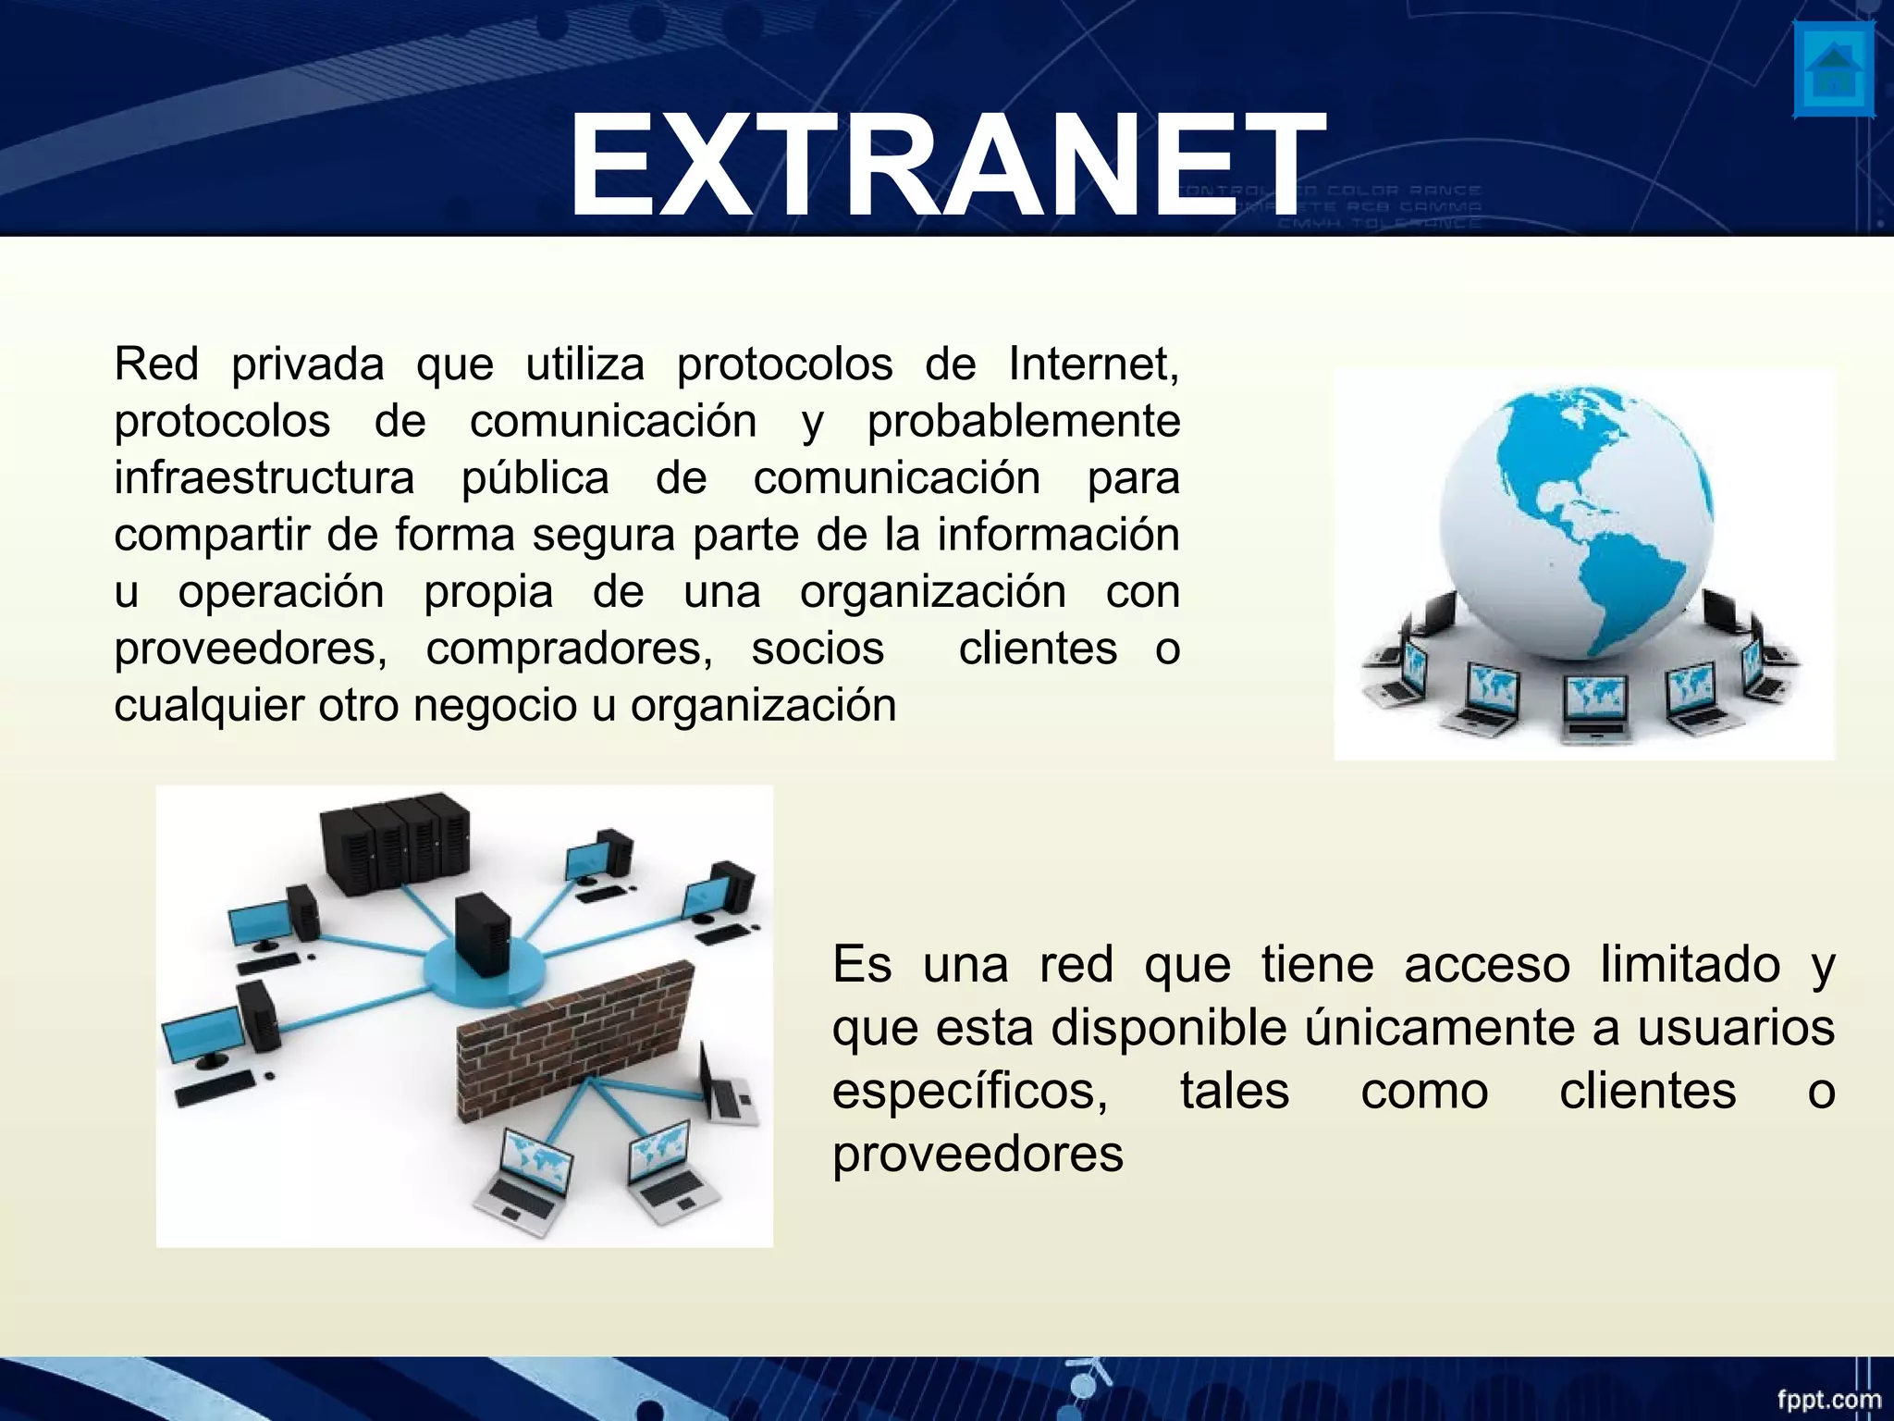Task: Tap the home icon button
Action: tap(1834, 82)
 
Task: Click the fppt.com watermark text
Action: tap(1828, 1399)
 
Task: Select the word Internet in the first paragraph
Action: tap(1093, 365)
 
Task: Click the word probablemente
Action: tap(1023, 422)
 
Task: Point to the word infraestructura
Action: tap(264, 478)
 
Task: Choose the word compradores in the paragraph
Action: tap(569, 649)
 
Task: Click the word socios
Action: tap(818, 649)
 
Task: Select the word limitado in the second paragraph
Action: tap(1690, 965)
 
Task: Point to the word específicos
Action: tap(970, 1091)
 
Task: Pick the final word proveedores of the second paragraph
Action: tap(978, 1154)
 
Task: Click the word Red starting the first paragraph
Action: tap(156, 365)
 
